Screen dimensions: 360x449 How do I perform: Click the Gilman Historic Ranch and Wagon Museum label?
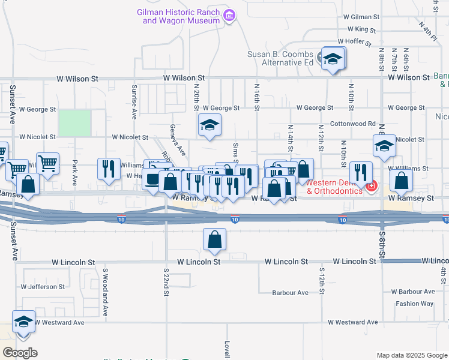[178, 16]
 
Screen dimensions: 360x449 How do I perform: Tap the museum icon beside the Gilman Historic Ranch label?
[228, 16]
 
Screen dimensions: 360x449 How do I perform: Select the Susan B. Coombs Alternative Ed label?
[281, 58]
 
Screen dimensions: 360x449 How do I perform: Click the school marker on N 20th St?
[210, 125]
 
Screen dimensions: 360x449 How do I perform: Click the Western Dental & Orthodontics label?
[334, 186]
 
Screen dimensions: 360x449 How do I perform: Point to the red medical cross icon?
[372, 187]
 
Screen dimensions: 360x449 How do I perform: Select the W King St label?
[361, 29]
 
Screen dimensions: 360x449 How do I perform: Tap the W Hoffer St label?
[360, 41]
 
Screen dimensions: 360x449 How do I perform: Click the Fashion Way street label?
[414, 304]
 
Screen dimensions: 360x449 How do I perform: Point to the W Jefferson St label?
[43, 287]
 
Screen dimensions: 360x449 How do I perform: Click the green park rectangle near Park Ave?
[74, 122]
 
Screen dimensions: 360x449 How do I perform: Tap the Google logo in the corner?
[20, 352]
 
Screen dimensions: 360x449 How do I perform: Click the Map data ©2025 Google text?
[412, 355]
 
